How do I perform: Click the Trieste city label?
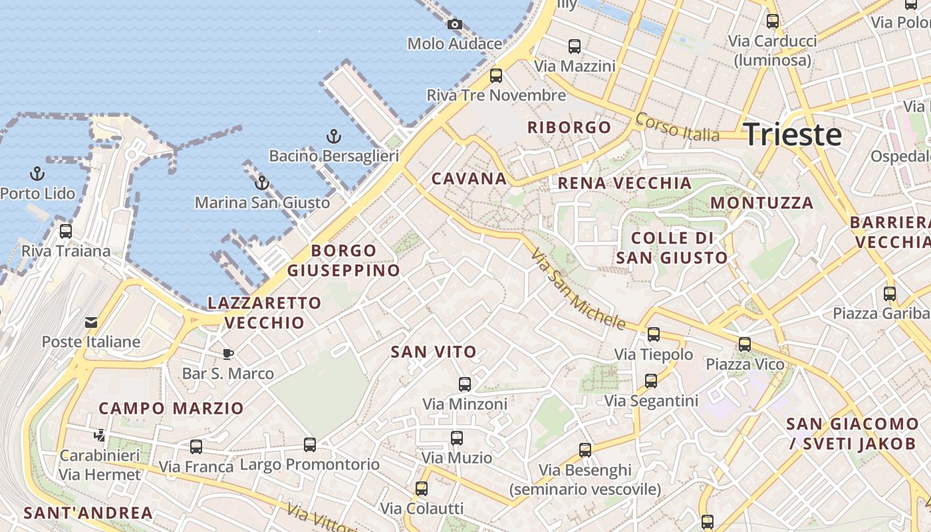click(793, 134)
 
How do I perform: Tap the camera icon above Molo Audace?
click(455, 25)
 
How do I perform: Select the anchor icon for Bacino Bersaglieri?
click(334, 137)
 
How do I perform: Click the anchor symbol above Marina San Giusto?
click(262, 183)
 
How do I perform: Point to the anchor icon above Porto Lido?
click(38, 174)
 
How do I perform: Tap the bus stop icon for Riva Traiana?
click(65, 231)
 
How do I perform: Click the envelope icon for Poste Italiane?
click(91, 323)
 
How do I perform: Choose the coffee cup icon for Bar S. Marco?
click(228, 354)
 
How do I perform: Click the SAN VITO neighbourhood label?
click(434, 352)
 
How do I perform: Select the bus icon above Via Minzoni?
click(464, 384)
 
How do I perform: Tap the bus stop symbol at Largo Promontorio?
click(310, 444)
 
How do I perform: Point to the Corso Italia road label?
click(677, 126)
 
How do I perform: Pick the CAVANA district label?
click(469, 178)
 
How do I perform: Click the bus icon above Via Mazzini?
click(575, 47)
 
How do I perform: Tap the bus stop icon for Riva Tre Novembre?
click(496, 76)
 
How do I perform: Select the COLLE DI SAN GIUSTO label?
click(672, 247)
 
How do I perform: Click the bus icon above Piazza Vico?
click(745, 344)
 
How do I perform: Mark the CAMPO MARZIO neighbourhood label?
click(171, 408)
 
